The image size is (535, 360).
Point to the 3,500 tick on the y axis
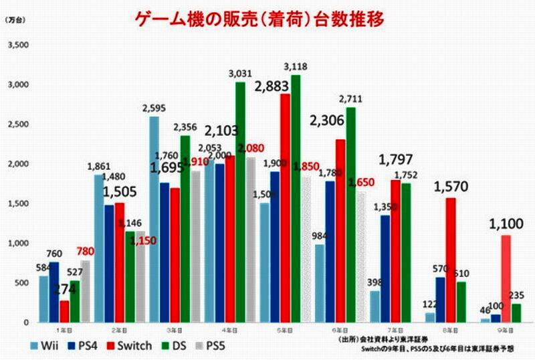click(18, 45)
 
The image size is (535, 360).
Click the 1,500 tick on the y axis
click(18, 204)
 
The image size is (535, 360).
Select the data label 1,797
click(399, 161)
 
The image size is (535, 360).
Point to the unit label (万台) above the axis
click(15, 21)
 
